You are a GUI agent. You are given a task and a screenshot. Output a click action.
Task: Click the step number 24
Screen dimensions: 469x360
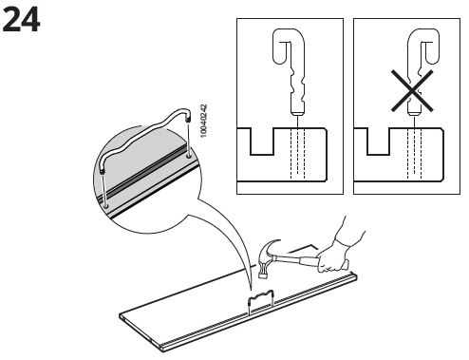point(21,20)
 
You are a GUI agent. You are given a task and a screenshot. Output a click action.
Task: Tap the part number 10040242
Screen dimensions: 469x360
point(204,121)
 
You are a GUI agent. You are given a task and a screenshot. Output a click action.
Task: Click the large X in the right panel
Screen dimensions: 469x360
point(412,91)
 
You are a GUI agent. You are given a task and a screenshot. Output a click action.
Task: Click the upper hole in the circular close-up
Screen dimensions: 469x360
point(189,156)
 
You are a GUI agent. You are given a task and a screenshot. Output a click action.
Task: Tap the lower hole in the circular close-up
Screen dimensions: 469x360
point(106,206)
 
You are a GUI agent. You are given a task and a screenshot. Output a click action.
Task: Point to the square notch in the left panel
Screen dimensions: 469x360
point(262,142)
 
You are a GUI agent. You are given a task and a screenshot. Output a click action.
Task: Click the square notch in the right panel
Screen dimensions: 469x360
point(378,142)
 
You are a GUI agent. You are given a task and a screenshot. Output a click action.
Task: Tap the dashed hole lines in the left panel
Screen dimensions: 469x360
point(297,154)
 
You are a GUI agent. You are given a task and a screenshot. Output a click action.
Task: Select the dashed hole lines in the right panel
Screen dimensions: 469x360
point(414,154)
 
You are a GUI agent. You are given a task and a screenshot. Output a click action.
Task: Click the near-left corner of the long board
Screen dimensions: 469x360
point(121,316)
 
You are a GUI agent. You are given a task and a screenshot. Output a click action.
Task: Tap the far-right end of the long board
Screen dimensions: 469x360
point(355,277)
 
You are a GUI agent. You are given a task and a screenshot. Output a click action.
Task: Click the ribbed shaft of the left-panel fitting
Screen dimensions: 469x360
point(297,87)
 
